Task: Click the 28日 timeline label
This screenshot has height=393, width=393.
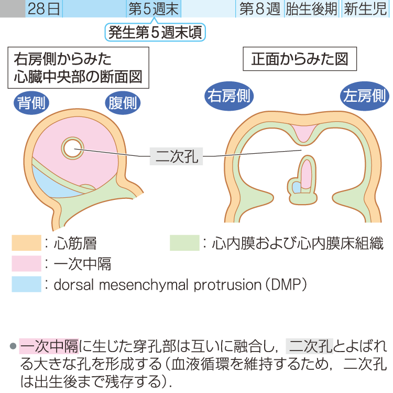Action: (43, 8)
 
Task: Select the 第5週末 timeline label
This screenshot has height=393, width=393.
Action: (153, 8)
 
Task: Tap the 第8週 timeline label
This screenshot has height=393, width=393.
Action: (259, 8)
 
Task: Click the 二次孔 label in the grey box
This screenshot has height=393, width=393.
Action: (176, 155)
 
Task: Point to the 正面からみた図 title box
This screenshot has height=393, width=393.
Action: (300, 59)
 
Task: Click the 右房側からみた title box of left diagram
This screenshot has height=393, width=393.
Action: (78, 68)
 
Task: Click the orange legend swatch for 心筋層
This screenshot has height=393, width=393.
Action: (26, 243)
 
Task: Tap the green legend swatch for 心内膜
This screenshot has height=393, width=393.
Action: (184, 243)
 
